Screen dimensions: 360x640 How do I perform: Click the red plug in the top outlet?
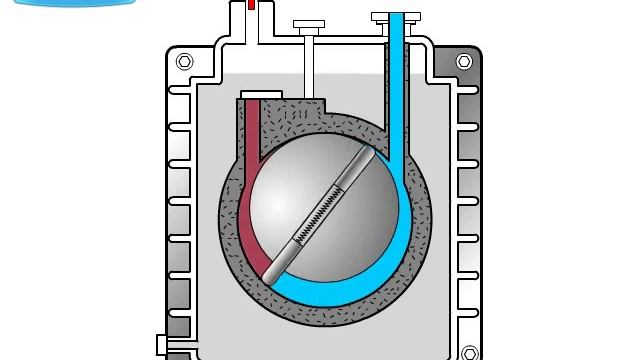pyautogui.click(x=251, y=5)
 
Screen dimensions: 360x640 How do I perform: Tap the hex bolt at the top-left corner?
pyautogui.click(x=184, y=62)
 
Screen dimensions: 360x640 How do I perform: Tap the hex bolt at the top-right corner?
pyautogui.click(x=464, y=62)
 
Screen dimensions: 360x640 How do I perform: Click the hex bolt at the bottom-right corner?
pyautogui.click(x=470, y=353)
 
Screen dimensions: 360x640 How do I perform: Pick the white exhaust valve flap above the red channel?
pyautogui.click(x=261, y=95)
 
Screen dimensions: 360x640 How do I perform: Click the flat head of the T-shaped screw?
pyautogui.click(x=309, y=24)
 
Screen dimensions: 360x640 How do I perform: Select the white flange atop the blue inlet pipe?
pyautogui.click(x=396, y=17)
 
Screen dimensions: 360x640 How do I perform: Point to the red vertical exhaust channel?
pyautogui.click(x=250, y=130)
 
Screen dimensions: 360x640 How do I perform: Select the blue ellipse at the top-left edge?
pyautogui.click(x=75, y=3)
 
